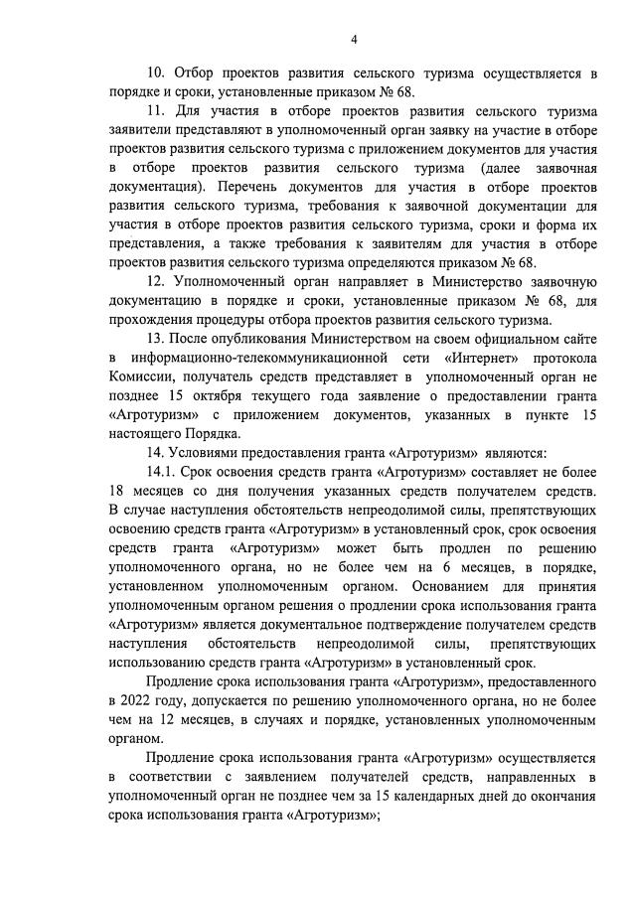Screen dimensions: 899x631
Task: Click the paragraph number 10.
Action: [x=156, y=74]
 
